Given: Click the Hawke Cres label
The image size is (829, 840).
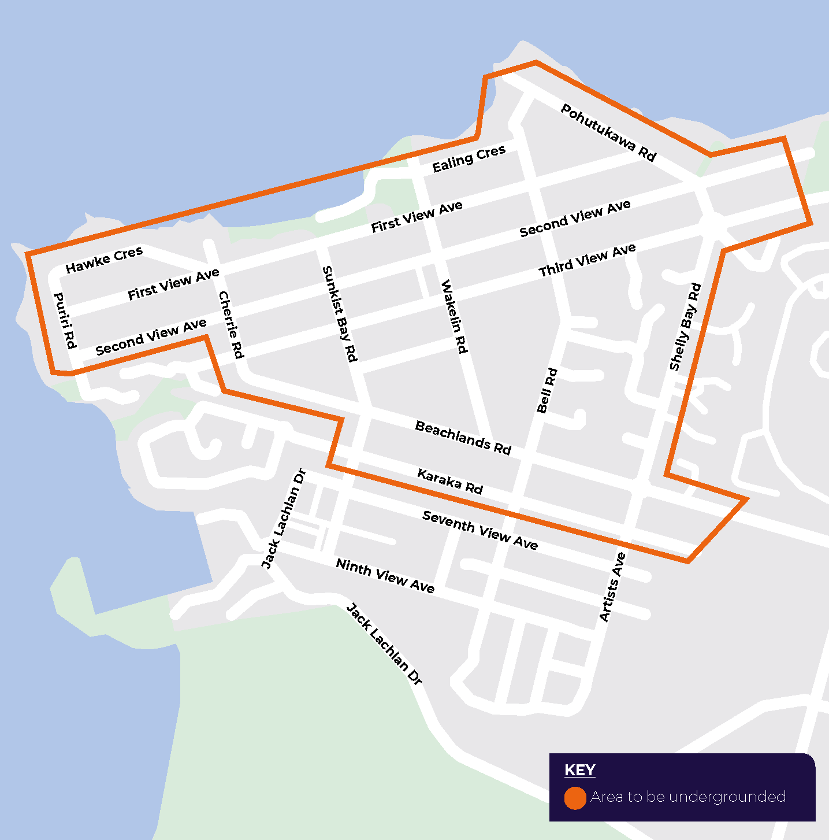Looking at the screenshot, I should pos(104,260).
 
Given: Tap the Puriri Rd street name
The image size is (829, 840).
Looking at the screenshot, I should pos(65,321).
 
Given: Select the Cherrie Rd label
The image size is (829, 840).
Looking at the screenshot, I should pos(231,325).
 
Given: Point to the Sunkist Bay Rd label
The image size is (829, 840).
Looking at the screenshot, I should pos(340,314).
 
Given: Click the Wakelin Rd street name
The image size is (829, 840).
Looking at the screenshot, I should pos(454,316).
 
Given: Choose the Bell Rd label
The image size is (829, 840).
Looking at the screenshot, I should pos(547,390).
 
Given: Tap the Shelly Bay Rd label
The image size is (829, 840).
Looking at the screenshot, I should pos(685,327).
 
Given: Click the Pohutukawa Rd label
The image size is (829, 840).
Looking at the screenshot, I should pos(608,133).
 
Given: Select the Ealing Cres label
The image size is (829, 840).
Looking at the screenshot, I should pos(469,159).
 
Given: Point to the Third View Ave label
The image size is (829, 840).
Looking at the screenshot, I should pos(587,260).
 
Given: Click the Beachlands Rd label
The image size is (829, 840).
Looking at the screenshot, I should pos(463,438).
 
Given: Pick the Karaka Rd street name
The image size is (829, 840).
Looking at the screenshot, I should pos(450,481).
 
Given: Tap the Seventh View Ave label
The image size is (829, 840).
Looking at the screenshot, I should pos(480,530).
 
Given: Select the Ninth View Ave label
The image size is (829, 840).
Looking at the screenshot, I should pos(385,576).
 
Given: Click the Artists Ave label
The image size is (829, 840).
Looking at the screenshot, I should pos(612,587).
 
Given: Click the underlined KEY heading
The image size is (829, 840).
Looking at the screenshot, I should pos(579,770).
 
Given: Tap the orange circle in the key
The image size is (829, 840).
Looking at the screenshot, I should pos(575,798).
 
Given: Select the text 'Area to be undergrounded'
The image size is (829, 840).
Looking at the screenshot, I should pos(688,797).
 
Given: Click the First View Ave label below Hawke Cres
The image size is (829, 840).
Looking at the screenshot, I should pos(173,284).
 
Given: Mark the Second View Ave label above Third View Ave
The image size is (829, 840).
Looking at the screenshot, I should pos(575,219).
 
